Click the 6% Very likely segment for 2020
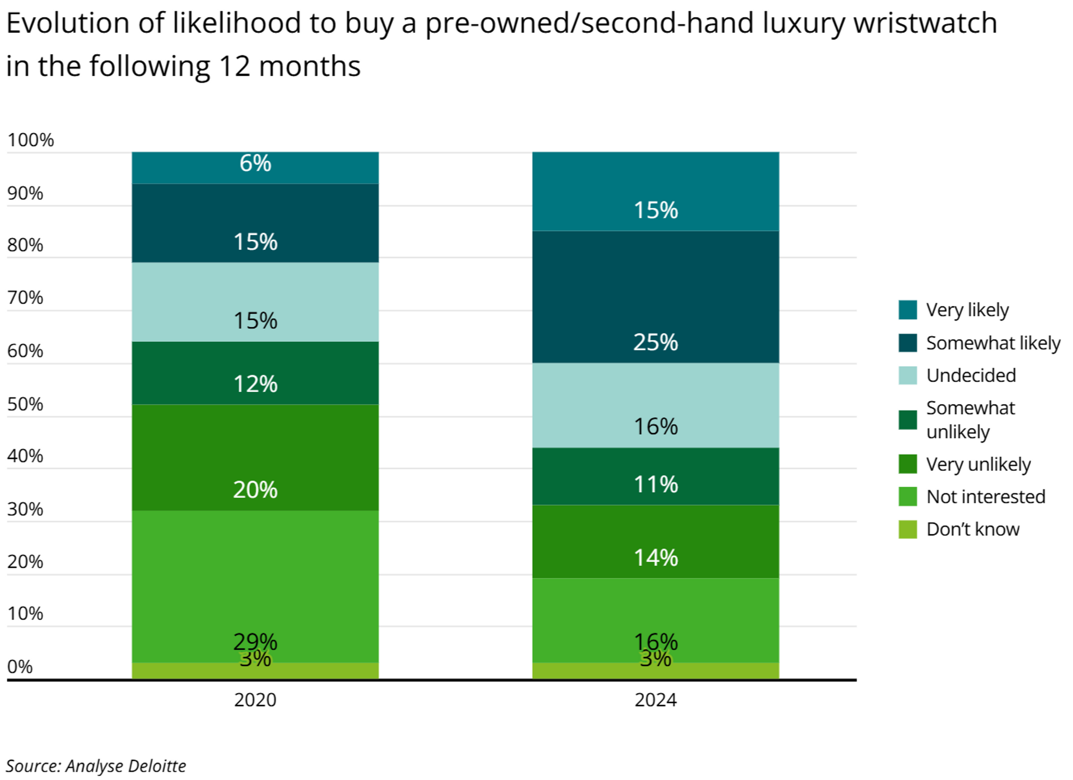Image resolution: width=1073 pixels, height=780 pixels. pyautogui.click(x=255, y=168)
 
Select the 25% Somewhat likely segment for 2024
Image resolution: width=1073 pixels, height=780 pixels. pyautogui.click(x=655, y=297)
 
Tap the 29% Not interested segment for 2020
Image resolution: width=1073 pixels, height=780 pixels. pyautogui.click(x=255, y=586)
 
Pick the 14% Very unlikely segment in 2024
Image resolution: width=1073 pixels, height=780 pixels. pyautogui.click(x=655, y=541)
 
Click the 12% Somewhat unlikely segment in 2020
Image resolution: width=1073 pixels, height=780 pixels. pyautogui.click(x=255, y=373)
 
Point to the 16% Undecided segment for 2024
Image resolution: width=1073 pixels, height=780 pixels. pyautogui.click(x=655, y=405)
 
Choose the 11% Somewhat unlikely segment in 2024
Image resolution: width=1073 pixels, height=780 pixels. pyautogui.click(x=655, y=476)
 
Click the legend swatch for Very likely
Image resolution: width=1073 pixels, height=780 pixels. pyautogui.click(x=907, y=310)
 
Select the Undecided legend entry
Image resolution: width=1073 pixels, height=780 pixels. pyautogui.click(x=970, y=375)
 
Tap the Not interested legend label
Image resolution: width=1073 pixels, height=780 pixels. pyautogui.click(x=986, y=496)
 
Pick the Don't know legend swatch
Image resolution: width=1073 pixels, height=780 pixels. pyautogui.click(x=907, y=529)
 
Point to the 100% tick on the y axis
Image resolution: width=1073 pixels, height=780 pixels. pyautogui.click(x=30, y=140)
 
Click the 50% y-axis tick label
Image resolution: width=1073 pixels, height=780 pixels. pyautogui.click(x=25, y=404)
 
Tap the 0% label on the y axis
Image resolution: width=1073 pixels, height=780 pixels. pyautogui.click(x=20, y=667)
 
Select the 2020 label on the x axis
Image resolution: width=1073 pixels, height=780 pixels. pyautogui.click(x=255, y=700)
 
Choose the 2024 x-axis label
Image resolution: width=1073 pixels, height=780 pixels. pyautogui.click(x=655, y=700)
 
